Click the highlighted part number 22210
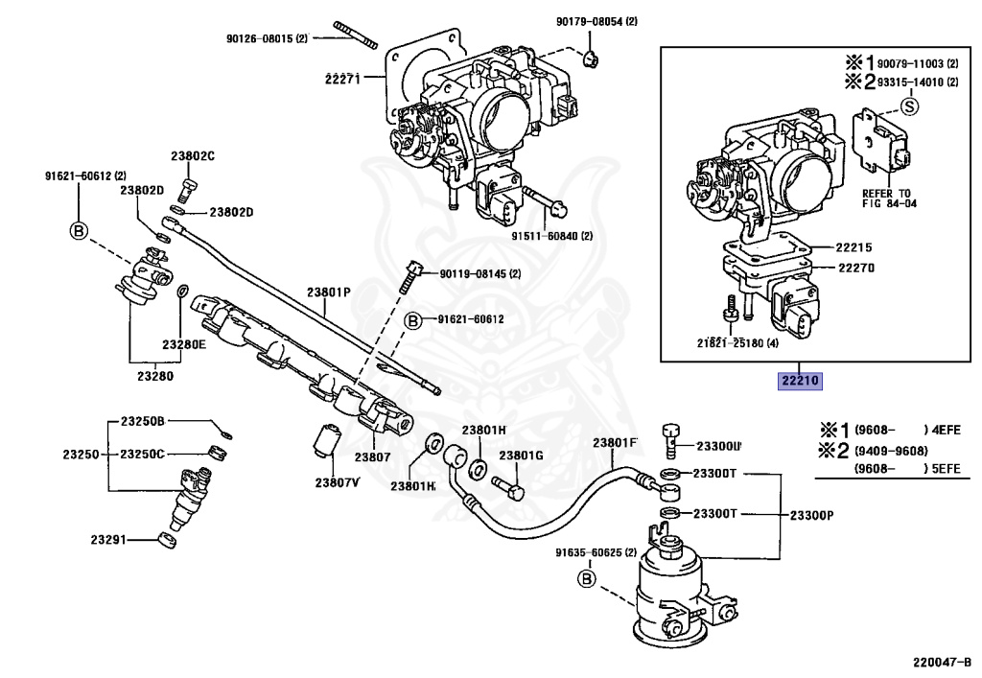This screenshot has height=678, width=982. coord(800,381)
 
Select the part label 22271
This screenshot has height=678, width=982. coord(341,79)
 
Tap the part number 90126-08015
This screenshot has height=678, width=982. coord(267,39)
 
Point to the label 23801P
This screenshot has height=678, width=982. coord(329,292)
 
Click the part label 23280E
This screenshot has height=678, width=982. coord(183,343)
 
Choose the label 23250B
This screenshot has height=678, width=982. coord(143,421)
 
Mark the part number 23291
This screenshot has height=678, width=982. coord(108,541)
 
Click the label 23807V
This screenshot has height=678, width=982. coord(337,481)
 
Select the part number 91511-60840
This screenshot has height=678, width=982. coord(551,235)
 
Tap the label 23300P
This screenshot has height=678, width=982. coord(811,515)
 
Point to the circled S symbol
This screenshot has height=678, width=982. coord(909,105)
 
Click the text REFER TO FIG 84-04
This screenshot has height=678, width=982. coord(890,199)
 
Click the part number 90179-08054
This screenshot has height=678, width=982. coord(596,21)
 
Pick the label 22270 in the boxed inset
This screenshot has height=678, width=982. coord(856,268)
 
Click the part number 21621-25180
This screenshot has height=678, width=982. coord(737,342)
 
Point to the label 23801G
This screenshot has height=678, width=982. coord(521,455)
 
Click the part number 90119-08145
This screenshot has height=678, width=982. coord(479,273)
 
